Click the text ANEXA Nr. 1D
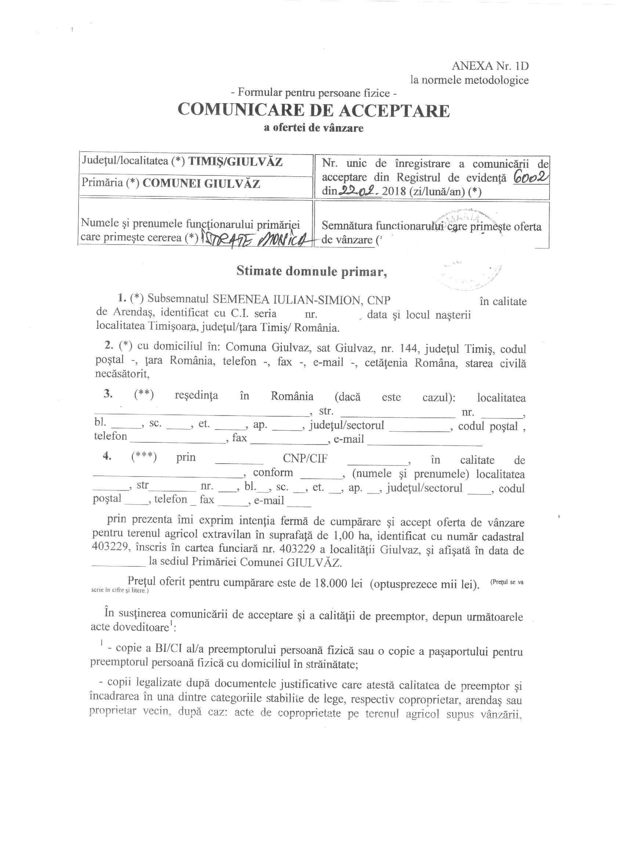click(490, 66)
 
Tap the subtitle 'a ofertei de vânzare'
click(313, 128)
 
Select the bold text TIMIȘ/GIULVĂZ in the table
click(236, 162)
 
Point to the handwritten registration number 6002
click(530, 177)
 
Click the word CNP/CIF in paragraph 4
click(305, 459)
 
